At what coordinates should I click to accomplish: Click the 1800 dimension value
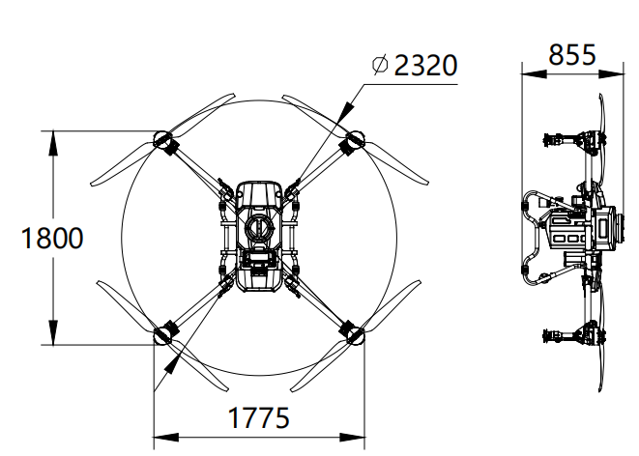52,239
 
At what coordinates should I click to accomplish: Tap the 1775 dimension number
258,417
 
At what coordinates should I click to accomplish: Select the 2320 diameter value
426,65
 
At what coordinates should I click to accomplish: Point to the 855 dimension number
572,55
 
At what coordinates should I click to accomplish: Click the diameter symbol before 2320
380,65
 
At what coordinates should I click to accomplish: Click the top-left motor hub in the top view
161,139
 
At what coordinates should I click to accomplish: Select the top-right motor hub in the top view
356,139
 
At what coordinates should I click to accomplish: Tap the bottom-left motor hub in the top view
161,336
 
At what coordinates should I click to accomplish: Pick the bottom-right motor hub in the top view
356,335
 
